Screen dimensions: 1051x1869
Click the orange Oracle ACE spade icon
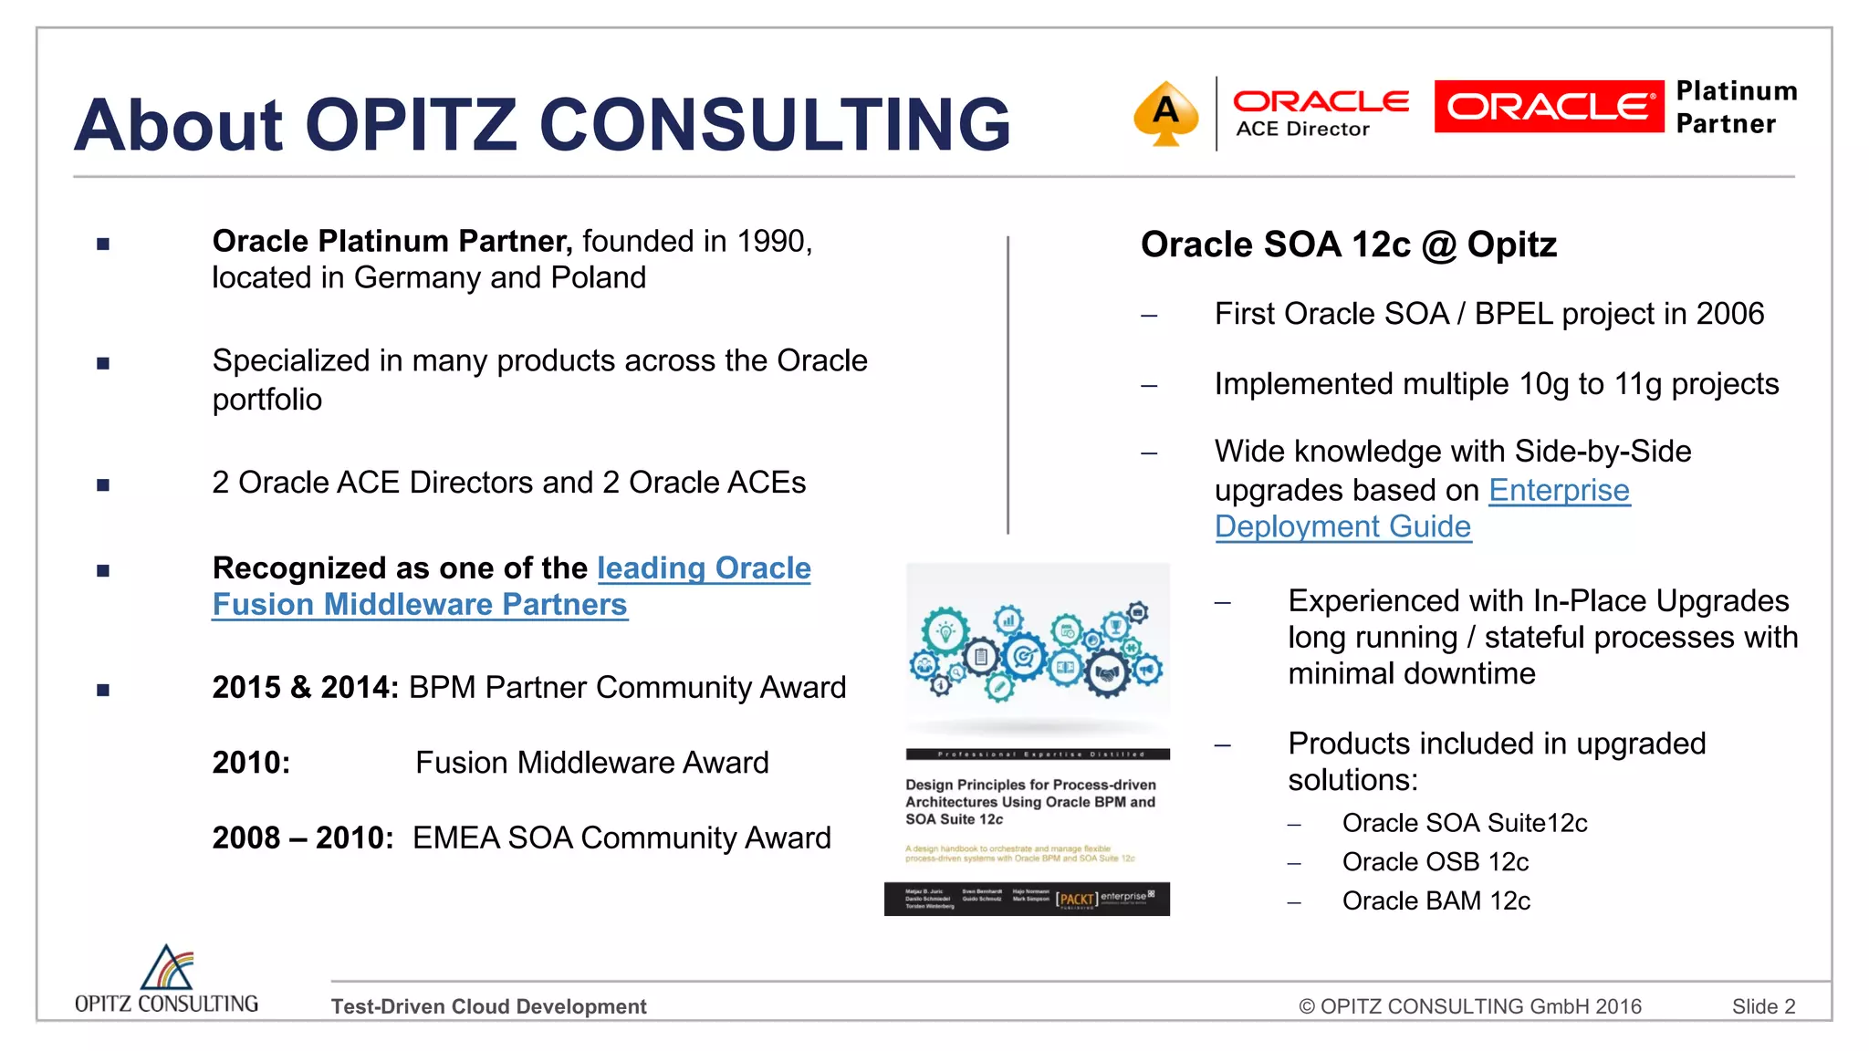click(1165, 113)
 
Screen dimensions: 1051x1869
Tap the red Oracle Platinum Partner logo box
click(1549, 107)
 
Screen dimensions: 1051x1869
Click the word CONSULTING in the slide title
click(775, 125)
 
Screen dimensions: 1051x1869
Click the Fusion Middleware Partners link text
click(420, 605)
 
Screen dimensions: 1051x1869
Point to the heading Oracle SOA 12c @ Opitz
click(1348, 245)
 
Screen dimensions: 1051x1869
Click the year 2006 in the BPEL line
click(1729, 314)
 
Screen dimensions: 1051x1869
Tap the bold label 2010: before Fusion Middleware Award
click(251, 763)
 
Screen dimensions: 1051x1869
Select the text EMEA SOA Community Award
click(621, 838)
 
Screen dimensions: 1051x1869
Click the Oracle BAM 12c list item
click(1436, 901)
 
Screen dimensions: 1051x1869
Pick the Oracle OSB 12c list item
click(1435, 862)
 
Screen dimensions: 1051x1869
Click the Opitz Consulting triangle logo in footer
click(167, 968)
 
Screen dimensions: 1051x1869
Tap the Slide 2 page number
click(1763, 1006)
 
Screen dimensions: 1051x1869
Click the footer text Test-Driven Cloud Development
click(488, 1006)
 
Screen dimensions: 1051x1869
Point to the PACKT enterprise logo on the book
click(1104, 899)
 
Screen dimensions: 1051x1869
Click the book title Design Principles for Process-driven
click(1029, 785)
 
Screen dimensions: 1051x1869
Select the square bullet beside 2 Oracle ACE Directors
click(103, 484)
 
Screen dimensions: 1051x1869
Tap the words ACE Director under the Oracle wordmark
click(1302, 130)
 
